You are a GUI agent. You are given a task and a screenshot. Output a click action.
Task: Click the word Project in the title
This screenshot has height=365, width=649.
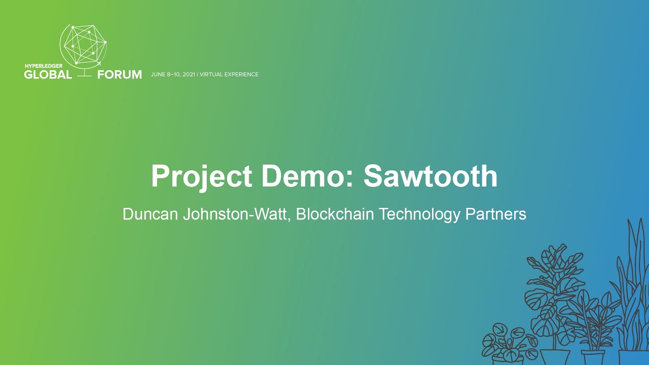pos(202,177)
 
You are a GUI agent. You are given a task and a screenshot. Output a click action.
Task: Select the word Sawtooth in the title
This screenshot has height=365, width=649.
pos(430,176)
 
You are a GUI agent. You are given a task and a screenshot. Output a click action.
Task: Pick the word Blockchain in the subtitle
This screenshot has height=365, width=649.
pos(335,214)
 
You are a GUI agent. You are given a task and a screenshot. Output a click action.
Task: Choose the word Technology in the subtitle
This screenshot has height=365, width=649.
pos(420,214)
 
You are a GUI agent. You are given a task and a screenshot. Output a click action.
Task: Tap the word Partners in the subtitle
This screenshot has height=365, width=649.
pos(496,214)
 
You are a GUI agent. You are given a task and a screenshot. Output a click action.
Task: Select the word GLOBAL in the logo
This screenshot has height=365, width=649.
pos(48,75)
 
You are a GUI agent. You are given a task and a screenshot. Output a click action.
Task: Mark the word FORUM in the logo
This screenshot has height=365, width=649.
pos(120,75)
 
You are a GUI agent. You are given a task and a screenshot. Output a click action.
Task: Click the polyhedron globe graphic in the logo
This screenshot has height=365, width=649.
pos(83,44)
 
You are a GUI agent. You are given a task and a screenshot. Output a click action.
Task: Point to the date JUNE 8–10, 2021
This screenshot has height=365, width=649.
pos(173,75)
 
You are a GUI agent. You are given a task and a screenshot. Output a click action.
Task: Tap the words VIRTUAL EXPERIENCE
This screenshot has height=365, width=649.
pos(229,75)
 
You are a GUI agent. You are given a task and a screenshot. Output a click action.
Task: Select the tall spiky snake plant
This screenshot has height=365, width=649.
pos(632,284)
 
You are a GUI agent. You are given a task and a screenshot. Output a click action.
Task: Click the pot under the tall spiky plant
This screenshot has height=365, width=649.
pos(633,357)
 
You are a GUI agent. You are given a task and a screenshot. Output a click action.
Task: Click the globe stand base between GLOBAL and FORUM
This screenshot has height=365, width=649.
pos(84,76)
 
